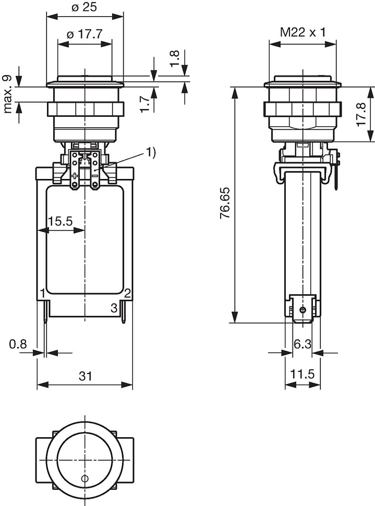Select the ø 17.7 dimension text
85,35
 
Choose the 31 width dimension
85,376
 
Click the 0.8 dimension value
18,344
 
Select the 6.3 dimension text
302,344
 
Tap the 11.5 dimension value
302,375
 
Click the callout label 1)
150,152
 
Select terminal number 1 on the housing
43,292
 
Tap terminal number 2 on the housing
127,292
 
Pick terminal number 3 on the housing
114,307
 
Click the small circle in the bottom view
85,478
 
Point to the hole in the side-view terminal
302,310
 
